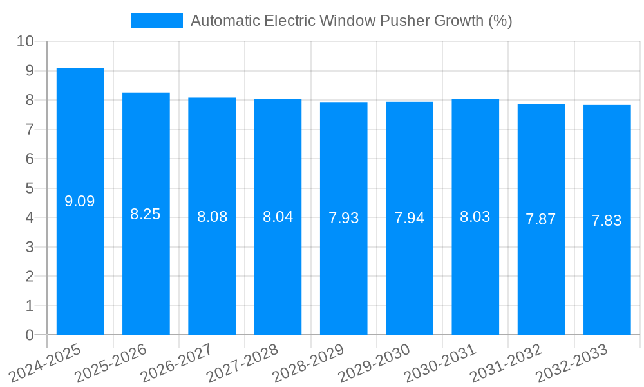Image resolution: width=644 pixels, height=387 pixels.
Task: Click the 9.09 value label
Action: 80,201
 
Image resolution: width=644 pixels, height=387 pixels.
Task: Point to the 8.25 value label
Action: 146,214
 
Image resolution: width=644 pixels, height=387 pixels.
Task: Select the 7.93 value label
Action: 344,218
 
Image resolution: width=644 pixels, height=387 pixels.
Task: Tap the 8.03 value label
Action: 475,217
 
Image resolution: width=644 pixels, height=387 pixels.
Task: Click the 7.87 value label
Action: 541,219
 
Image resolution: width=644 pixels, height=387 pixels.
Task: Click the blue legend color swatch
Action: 156,21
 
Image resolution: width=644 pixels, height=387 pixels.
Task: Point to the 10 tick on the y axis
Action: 26,41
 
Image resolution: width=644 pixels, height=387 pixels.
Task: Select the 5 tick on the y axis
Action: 30,188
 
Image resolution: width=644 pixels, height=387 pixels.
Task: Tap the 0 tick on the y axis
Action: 30,335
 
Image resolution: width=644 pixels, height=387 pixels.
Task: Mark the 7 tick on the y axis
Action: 30,130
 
